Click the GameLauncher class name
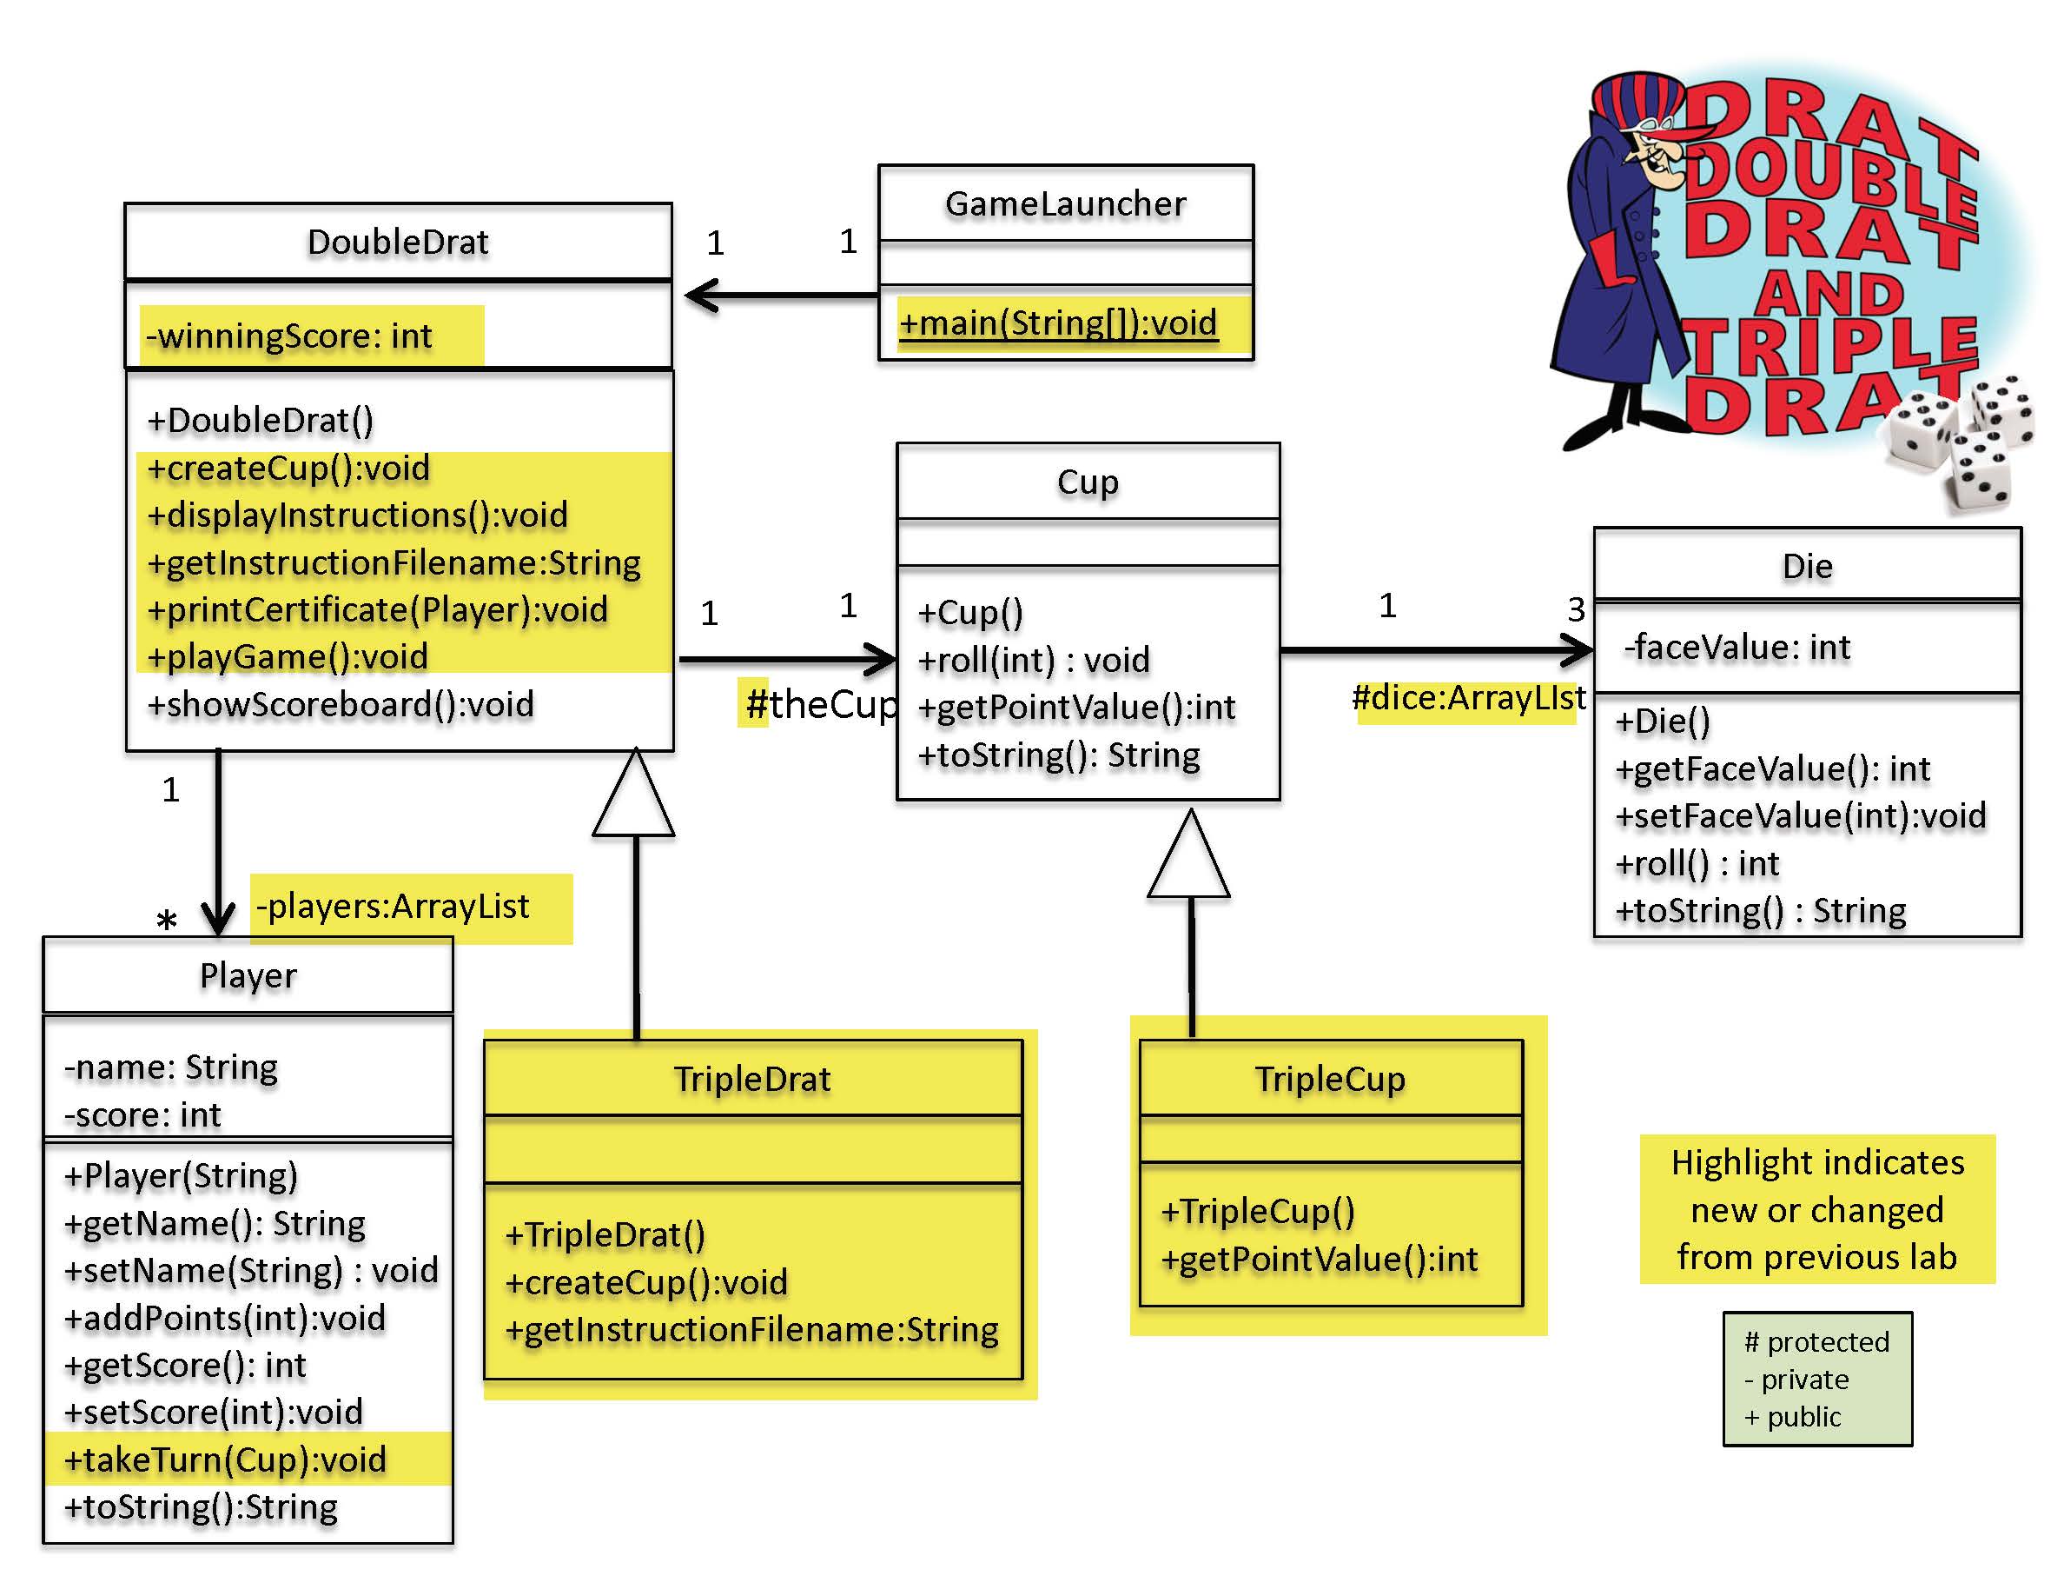click(x=1065, y=204)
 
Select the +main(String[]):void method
click(x=1057, y=323)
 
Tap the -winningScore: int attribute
click(x=289, y=336)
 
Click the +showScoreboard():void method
click(x=341, y=704)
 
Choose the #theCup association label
click(x=820, y=704)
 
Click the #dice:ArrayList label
click(x=1468, y=698)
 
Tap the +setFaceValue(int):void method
click(x=1800, y=816)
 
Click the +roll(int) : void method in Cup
click(x=1034, y=660)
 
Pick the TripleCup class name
click(x=1330, y=1079)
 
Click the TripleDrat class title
click(x=752, y=1079)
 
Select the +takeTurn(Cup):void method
click(x=226, y=1460)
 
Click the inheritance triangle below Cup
click(x=1190, y=858)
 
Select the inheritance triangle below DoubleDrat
click(x=634, y=797)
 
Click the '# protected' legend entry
click(x=1816, y=1341)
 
